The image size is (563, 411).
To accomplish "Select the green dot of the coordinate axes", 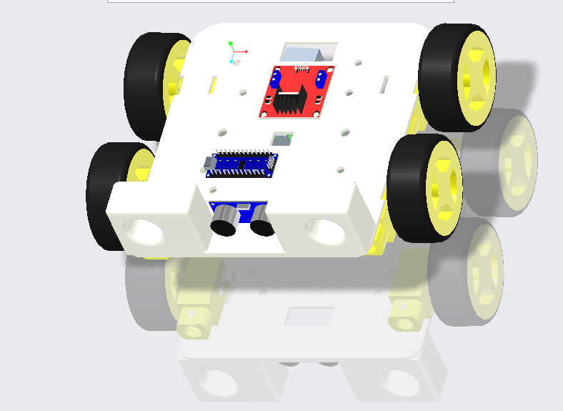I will [231, 44].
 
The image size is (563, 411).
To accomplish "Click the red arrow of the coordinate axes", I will [243, 51].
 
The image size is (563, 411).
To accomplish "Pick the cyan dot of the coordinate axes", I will [231, 61].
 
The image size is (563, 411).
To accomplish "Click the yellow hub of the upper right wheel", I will [477, 75].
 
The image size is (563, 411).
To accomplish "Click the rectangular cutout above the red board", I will [309, 52].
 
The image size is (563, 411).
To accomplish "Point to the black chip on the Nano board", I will [242, 165].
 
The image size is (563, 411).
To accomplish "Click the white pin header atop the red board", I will [302, 69].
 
